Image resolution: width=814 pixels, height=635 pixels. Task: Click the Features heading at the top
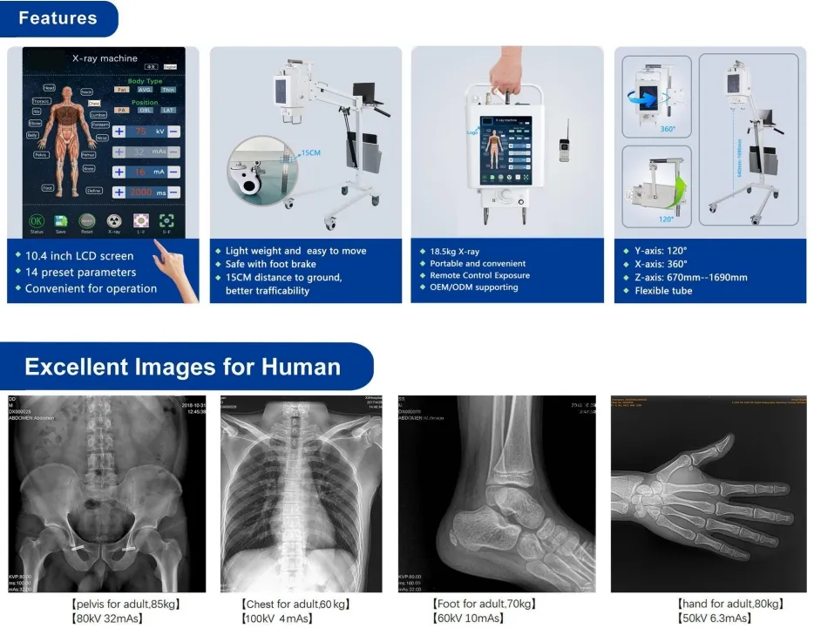click(x=58, y=17)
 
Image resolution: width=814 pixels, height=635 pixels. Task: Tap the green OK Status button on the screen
click(x=37, y=222)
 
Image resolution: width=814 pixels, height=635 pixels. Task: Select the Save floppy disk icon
click(x=61, y=222)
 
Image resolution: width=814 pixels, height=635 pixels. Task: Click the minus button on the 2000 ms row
click(x=173, y=192)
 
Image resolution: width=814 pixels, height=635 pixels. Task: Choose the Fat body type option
click(x=121, y=89)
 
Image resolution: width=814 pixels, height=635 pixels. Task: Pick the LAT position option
click(x=167, y=111)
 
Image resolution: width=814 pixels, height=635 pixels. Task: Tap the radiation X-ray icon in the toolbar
click(x=114, y=222)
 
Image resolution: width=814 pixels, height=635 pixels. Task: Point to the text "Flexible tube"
click(x=664, y=290)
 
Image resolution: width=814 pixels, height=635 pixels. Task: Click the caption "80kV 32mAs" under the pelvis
click(x=107, y=618)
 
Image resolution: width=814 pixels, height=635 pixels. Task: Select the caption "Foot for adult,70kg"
click(x=484, y=604)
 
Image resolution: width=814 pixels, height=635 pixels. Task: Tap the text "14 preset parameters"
click(x=80, y=273)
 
